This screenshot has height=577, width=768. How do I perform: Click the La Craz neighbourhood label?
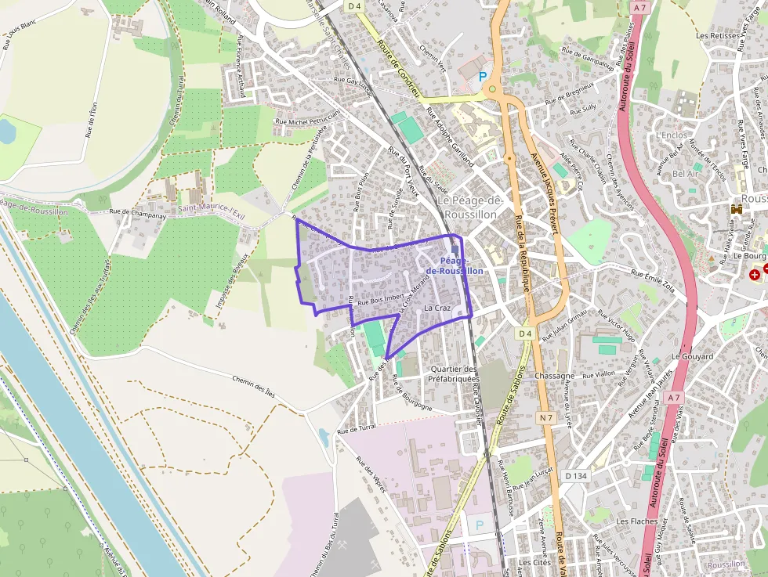(x=437, y=308)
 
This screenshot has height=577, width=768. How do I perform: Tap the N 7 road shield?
(x=546, y=419)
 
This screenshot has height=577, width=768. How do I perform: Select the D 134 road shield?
(x=576, y=475)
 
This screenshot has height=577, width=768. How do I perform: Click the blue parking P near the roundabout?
(x=483, y=77)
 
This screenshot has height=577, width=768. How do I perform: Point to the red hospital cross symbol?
(x=754, y=274)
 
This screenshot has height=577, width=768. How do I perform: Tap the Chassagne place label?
(x=554, y=376)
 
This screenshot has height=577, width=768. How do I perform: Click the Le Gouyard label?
(x=692, y=356)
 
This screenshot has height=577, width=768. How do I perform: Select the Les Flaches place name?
(x=636, y=521)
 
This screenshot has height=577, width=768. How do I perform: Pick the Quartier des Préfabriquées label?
(x=453, y=373)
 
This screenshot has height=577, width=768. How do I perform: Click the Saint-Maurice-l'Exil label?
(x=211, y=208)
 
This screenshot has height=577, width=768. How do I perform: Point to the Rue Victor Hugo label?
(x=618, y=324)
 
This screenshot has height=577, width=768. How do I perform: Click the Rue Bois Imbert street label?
(x=380, y=299)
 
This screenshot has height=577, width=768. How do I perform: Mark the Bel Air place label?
(x=685, y=173)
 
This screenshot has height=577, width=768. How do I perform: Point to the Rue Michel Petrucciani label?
(x=310, y=119)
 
